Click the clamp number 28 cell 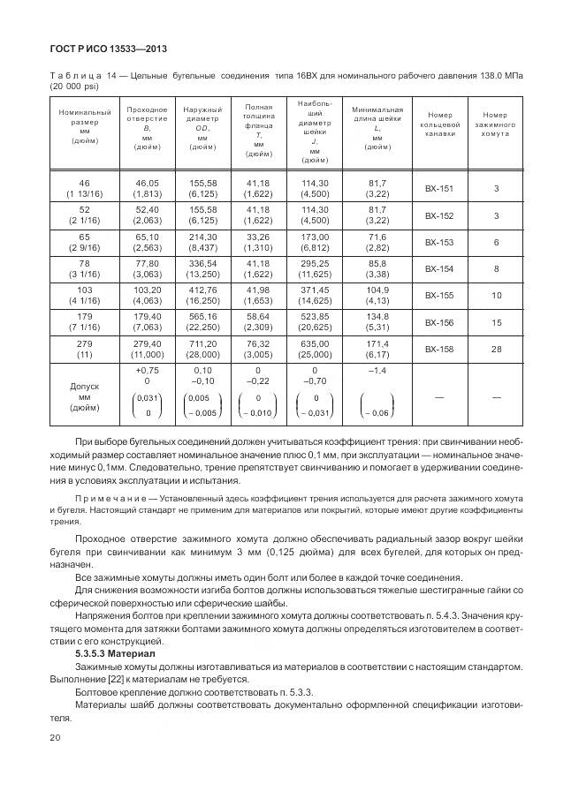(x=497, y=350)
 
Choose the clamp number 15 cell (x=497, y=323)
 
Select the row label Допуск (x=85, y=386)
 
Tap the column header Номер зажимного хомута (x=497, y=125)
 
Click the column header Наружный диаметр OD (x=202, y=125)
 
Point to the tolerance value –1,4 (x=377, y=371)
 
